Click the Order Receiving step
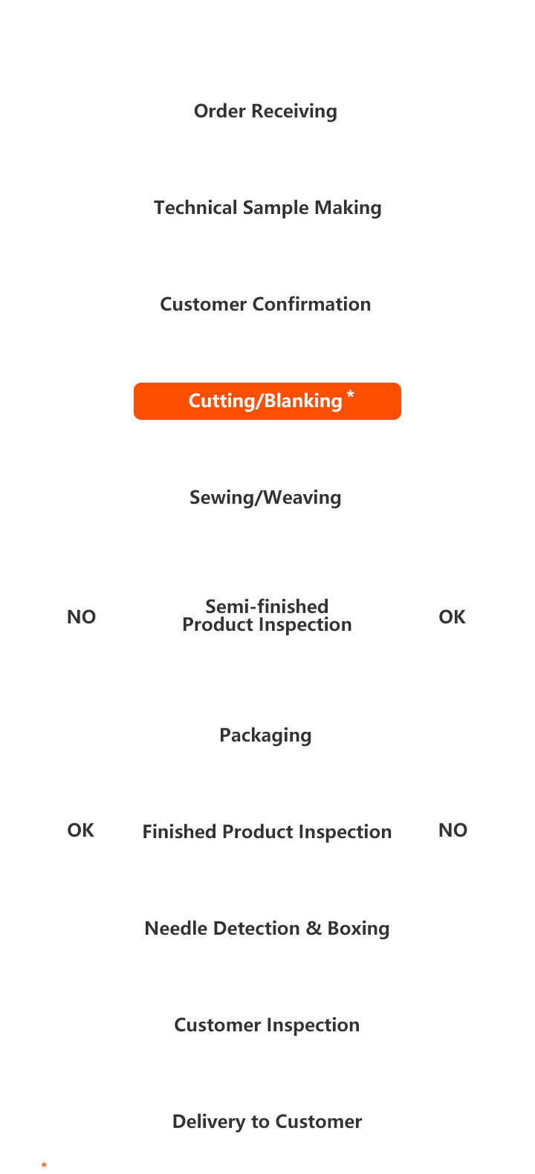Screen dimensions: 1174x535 [265, 111]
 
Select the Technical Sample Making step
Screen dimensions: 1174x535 [267, 208]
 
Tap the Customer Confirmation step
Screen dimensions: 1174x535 [265, 305]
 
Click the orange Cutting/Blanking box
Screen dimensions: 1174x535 [267, 401]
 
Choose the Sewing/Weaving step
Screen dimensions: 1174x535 [265, 498]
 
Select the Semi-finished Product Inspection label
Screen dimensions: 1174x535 [267, 616]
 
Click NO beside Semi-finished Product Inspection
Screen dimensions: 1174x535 [81, 617]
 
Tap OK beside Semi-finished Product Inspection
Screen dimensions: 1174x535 [452, 617]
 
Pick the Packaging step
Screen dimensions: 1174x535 [265, 736]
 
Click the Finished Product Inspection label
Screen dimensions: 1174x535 [267, 832]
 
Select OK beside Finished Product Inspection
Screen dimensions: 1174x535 [80, 831]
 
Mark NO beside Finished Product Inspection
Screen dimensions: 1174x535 [453, 831]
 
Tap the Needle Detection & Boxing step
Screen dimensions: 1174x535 [267, 929]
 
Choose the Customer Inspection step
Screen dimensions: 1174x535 [267, 1025]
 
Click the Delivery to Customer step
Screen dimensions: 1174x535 [267, 1122]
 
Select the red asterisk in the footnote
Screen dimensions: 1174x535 [45, 1167]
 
